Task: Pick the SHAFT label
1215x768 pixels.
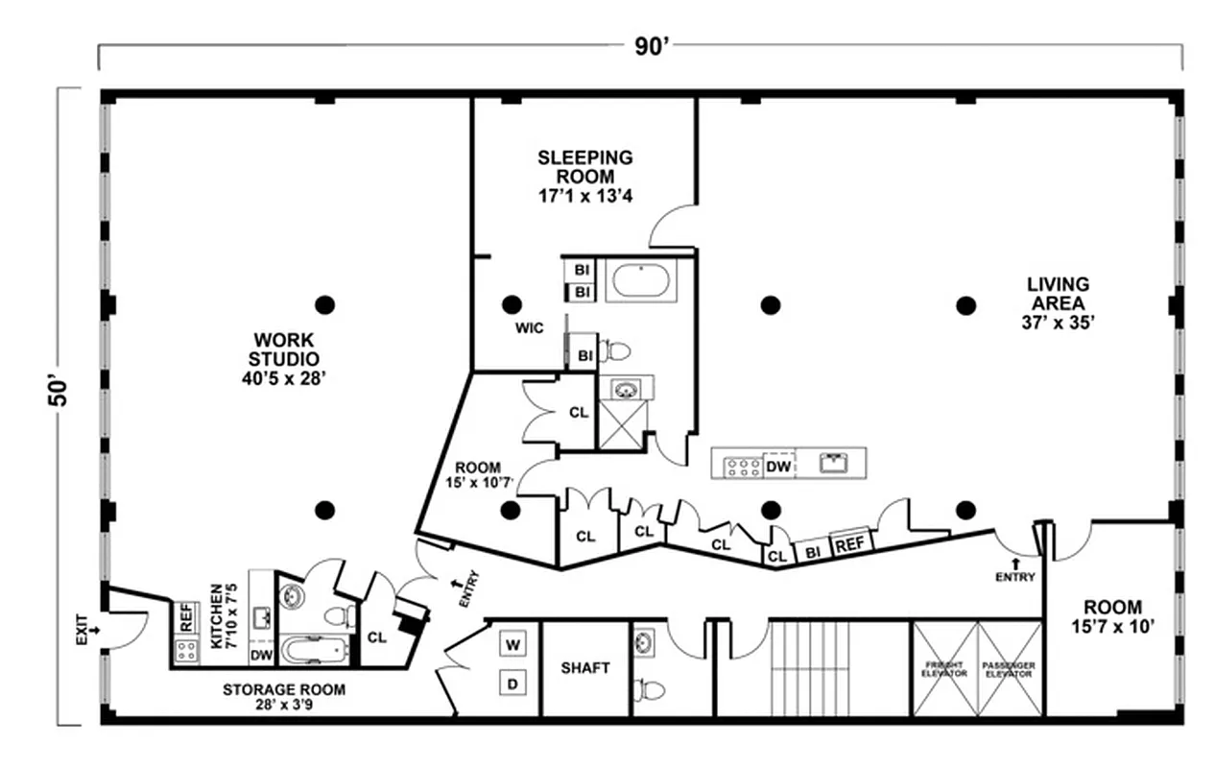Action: (585, 668)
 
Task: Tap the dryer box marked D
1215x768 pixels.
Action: (512, 684)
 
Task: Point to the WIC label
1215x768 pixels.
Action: (529, 328)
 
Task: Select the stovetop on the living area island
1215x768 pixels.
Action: (742, 467)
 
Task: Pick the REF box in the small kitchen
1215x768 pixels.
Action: (186, 615)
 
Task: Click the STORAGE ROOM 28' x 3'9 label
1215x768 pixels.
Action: (284, 697)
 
